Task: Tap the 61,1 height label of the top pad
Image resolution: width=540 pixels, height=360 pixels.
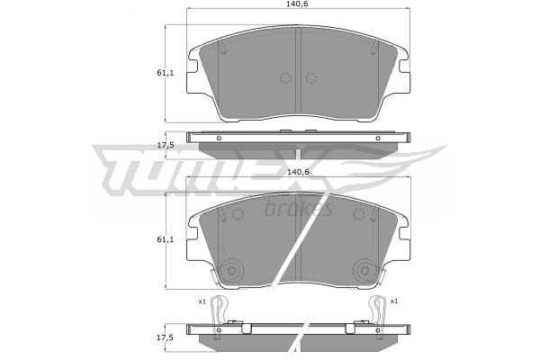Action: click(x=166, y=73)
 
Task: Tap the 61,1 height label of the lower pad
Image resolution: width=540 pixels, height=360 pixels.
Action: click(x=166, y=239)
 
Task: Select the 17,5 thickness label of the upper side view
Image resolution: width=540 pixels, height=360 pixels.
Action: click(x=166, y=146)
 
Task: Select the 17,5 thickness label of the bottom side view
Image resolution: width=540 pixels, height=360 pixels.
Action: click(x=166, y=338)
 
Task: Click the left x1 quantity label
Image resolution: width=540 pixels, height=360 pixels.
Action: click(x=202, y=301)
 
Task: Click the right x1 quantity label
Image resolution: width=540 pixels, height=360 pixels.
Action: click(x=394, y=301)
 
